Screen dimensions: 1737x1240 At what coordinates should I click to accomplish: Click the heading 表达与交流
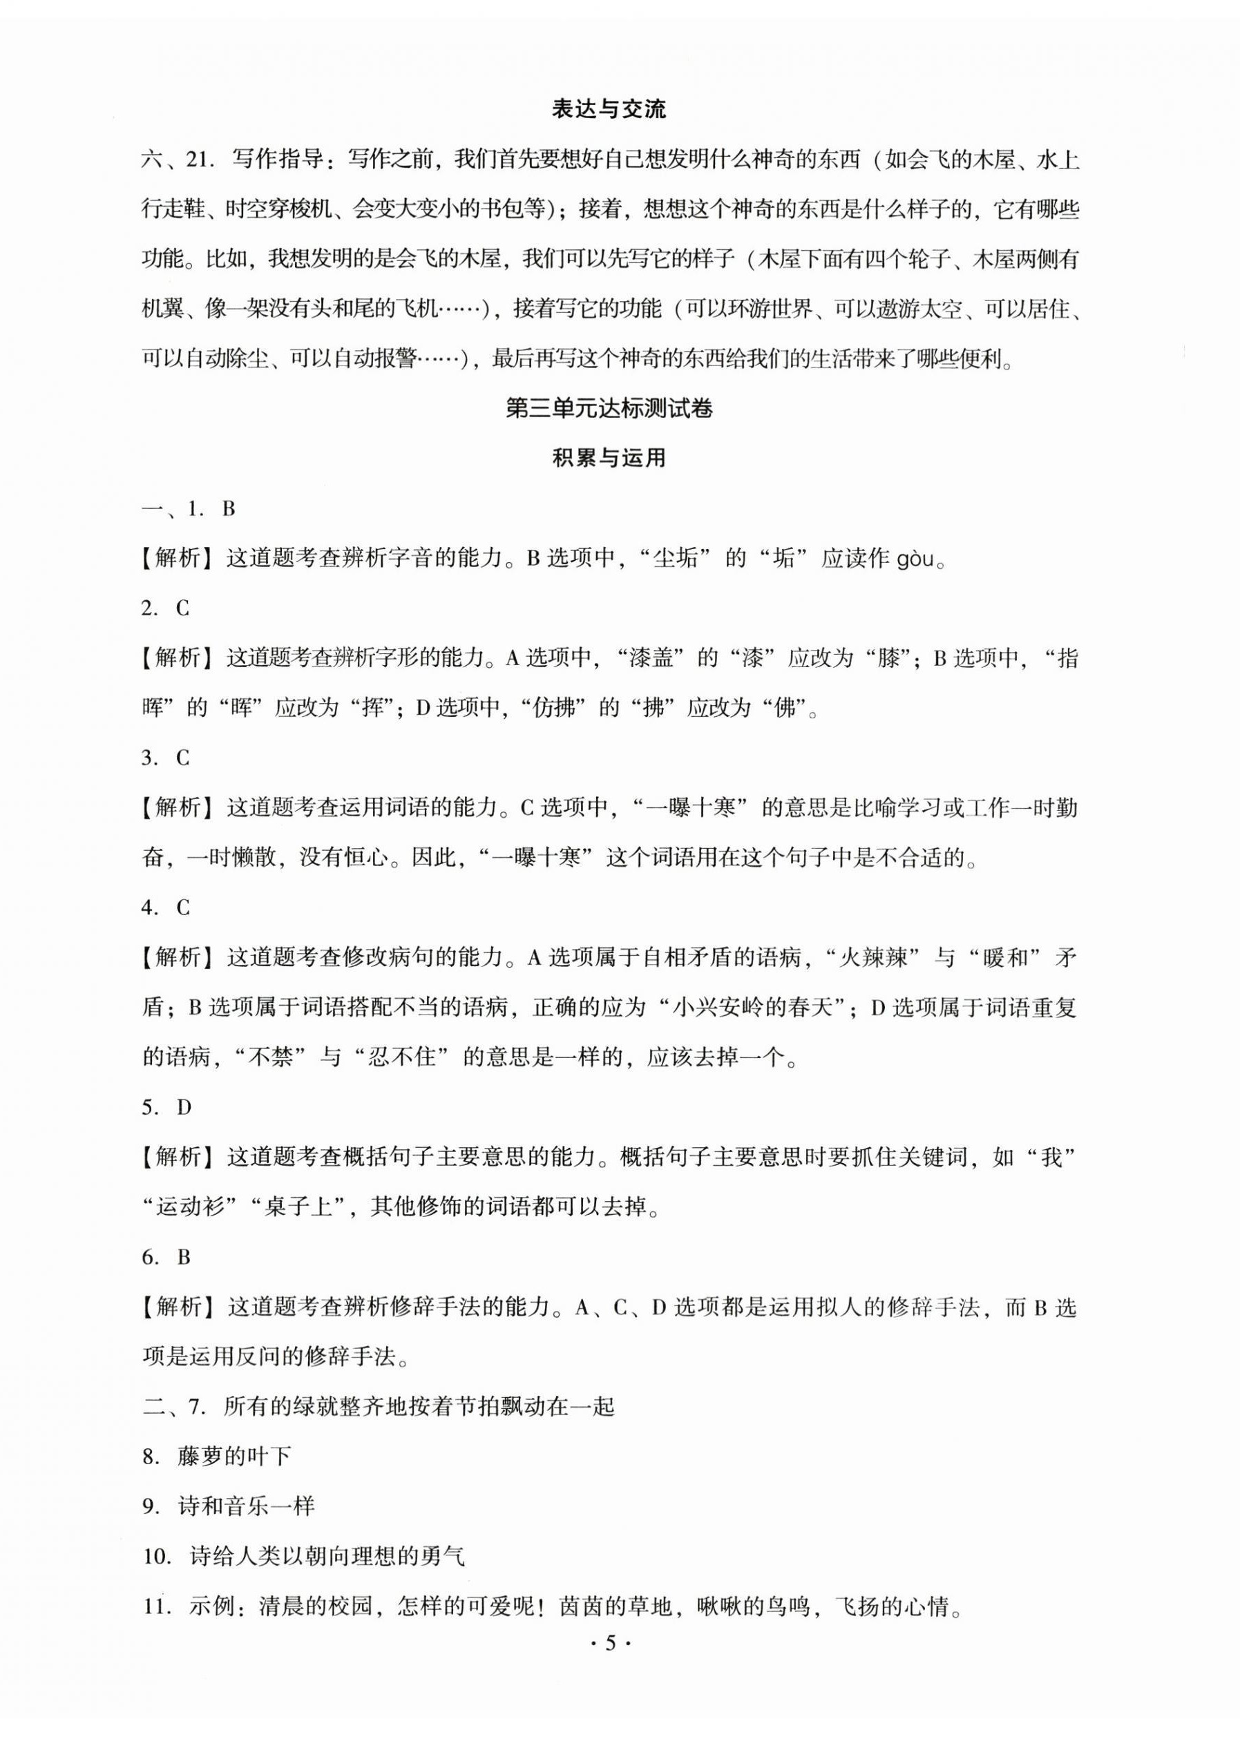click(x=609, y=110)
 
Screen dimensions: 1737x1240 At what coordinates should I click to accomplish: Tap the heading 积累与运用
click(x=609, y=458)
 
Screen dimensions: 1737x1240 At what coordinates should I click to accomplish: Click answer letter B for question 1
click(x=227, y=509)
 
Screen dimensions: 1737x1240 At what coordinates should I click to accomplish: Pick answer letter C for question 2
click(x=182, y=608)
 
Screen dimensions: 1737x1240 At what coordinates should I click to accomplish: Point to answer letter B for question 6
click(x=183, y=1257)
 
